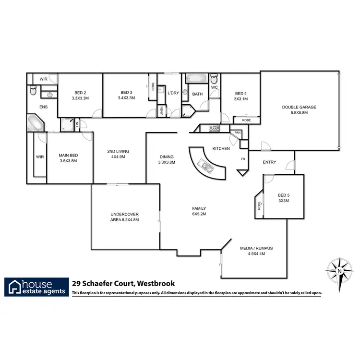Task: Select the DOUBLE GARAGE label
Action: click(299, 107)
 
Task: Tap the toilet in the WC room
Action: click(214, 79)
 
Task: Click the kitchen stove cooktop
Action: click(214, 128)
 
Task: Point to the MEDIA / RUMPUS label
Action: click(256, 248)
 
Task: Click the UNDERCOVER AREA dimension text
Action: click(124, 220)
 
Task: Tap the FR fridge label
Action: click(243, 159)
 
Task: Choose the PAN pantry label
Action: click(237, 132)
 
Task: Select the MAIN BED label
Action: click(68, 155)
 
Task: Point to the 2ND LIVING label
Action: click(118, 152)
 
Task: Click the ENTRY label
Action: click(269, 162)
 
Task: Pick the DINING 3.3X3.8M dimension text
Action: click(167, 162)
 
